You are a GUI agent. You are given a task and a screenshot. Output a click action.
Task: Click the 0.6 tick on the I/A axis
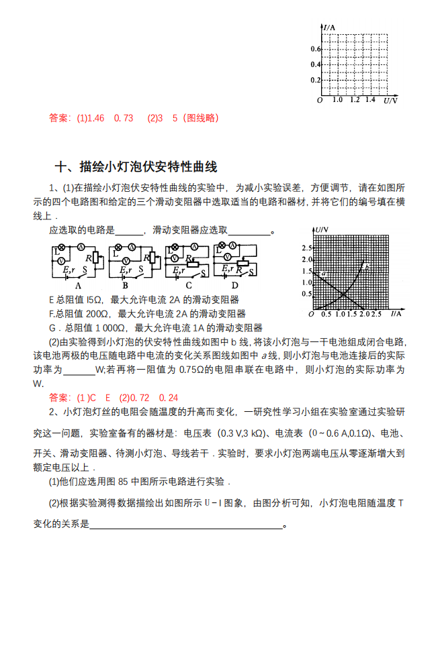[x=316, y=50]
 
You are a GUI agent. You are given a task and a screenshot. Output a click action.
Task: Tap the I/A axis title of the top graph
[x=329, y=28]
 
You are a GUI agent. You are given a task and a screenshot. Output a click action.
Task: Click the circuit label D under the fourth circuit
[x=234, y=284]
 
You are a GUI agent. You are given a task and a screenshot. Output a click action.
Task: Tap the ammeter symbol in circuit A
[x=80, y=248]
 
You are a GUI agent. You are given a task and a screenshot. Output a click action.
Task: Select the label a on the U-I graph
[x=323, y=274]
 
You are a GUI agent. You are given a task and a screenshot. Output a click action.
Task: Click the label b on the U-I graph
[x=366, y=267]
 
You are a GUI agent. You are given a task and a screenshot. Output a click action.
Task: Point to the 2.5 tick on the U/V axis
[x=306, y=249]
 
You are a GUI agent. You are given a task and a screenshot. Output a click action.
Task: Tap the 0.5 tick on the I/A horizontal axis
[x=326, y=314]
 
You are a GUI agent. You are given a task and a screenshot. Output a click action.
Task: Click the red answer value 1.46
[x=96, y=118]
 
